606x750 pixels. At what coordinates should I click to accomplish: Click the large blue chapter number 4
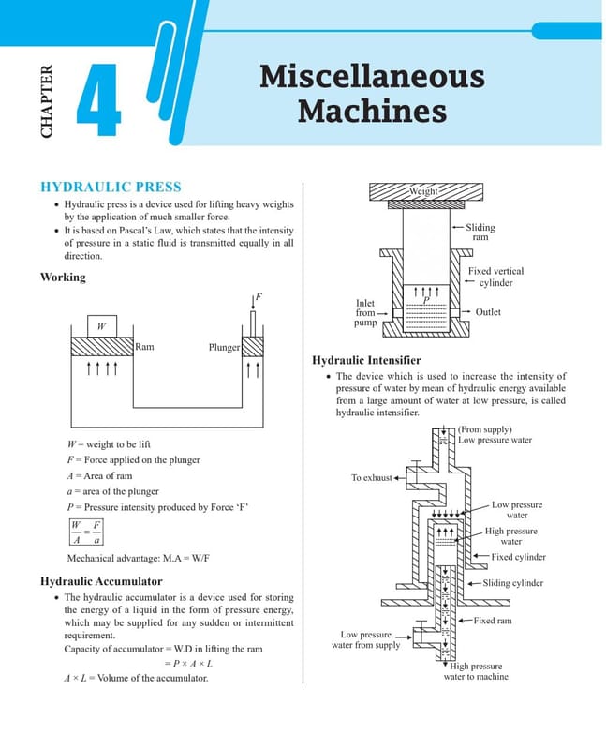[x=99, y=100]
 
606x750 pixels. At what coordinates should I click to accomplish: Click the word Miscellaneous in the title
[x=372, y=77]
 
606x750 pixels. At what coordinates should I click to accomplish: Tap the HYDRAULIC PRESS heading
[x=111, y=187]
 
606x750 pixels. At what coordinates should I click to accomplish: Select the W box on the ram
[x=102, y=326]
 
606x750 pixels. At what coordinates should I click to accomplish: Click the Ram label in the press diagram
[x=144, y=346]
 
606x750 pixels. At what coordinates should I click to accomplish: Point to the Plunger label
[x=224, y=347]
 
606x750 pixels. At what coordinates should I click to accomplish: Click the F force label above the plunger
[x=259, y=296]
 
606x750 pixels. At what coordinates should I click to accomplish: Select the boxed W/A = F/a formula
[x=86, y=532]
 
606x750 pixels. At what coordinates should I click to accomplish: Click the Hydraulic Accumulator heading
[x=101, y=581]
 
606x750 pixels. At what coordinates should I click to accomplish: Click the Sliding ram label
[x=480, y=232]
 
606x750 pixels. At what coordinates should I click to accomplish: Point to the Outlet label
[x=488, y=312]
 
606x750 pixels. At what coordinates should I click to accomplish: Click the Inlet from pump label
[x=365, y=312]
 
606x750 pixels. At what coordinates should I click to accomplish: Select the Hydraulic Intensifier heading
[x=366, y=360]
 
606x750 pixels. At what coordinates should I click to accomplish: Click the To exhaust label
[x=371, y=477]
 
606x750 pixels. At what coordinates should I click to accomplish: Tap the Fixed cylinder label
[x=519, y=557]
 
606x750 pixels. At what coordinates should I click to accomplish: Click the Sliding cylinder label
[x=513, y=583]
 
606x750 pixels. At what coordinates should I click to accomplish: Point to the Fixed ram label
[x=493, y=621]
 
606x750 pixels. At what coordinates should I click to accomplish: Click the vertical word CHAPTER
[x=46, y=101]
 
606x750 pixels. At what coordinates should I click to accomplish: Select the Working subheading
[x=63, y=277]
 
